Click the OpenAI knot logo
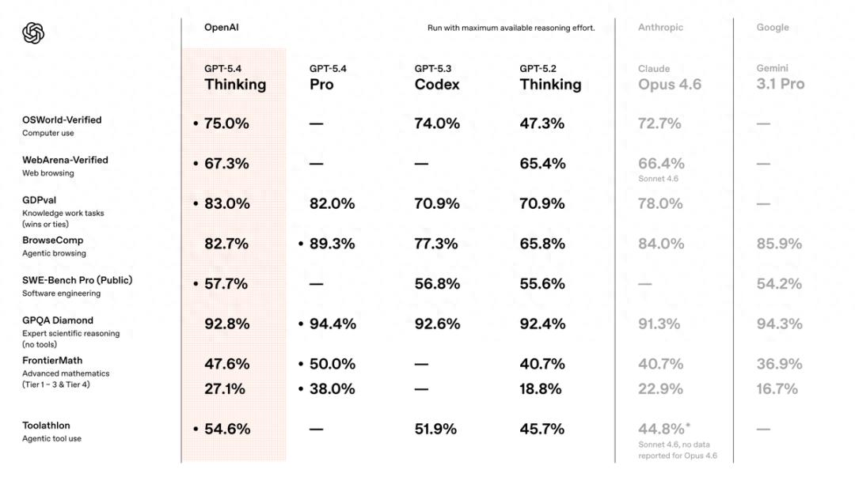(33, 32)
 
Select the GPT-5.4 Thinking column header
(234, 78)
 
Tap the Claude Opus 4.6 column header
(669, 78)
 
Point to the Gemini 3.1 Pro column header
(780, 78)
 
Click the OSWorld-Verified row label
(62, 120)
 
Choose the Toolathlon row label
(46, 426)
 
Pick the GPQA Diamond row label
(58, 320)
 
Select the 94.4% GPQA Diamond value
(332, 324)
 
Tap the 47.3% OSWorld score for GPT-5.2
(542, 123)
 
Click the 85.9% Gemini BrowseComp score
(779, 244)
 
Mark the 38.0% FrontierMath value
(332, 388)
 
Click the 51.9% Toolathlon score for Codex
(435, 429)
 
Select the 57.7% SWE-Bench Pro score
(226, 283)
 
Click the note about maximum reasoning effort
(511, 28)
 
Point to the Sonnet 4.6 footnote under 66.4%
(658, 179)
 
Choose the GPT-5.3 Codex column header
(436, 78)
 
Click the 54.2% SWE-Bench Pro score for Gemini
(779, 283)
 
